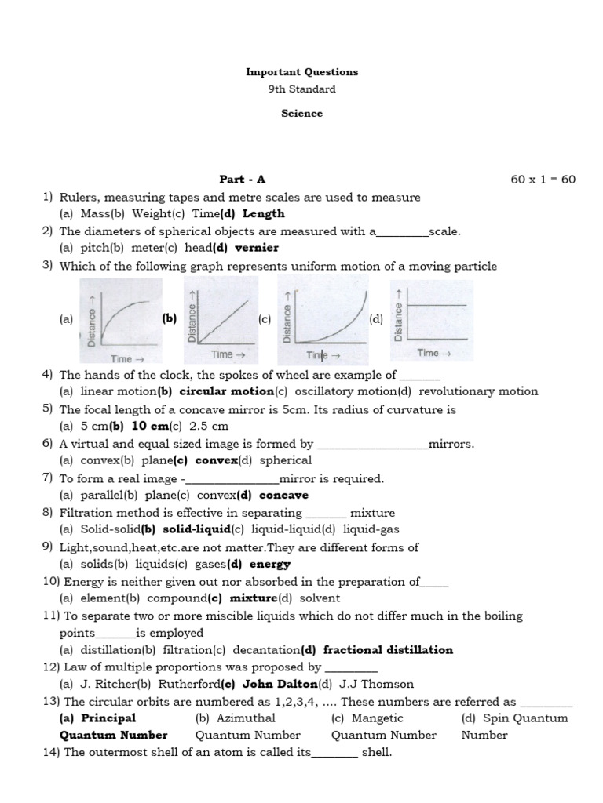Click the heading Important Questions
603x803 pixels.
[x=301, y=72]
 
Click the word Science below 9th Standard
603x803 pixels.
[x=301, y=113]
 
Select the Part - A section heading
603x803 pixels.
[x=243, y=180]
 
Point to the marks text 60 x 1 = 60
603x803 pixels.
[x=543, y=180]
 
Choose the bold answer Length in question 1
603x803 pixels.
[x=263, y=213]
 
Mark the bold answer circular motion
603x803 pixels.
[x=227, y=391]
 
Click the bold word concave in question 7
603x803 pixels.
[x=283, y=495]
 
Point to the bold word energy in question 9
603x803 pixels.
[x=270, y=564]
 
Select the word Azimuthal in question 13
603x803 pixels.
[x=247, y=718]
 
